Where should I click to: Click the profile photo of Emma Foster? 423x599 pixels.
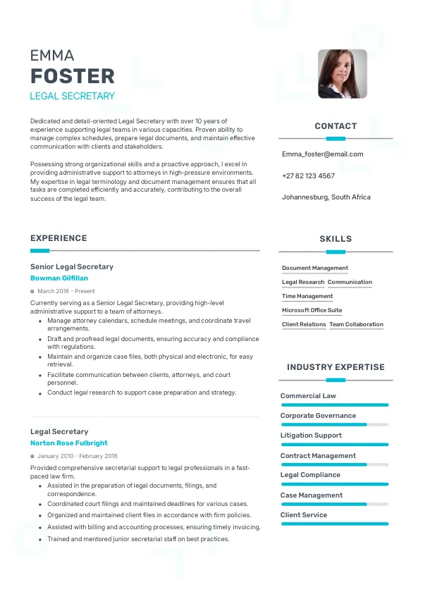coord(342,73)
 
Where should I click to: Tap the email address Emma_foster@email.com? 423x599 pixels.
coord(322,154)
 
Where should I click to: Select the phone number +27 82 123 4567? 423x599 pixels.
coord(308,175)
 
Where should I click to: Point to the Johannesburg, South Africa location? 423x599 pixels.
coord(326,197)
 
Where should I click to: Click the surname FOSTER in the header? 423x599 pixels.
coord(72,76)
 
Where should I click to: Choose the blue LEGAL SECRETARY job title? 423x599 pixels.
coord(72,96)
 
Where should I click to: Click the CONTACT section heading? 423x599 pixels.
coord(336,126)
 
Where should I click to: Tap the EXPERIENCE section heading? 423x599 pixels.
coord(59,238)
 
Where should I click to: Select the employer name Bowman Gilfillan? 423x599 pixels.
coord(59,278)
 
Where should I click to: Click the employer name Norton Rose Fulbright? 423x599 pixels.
coord(69,443)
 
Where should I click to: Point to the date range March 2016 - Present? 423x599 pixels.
coord(66,291)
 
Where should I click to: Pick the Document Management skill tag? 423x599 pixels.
coord(315,268)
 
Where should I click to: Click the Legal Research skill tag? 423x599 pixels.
coord(303,283)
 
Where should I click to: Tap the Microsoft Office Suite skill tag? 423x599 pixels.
coord(312,310)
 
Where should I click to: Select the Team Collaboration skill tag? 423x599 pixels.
coord(356,325)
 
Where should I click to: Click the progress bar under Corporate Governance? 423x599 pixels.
coord(334,425)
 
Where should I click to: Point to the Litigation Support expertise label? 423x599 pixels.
coord(311,436)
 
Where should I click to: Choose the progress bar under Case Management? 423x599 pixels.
coord(334,505)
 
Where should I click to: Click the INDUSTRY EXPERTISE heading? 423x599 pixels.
coord(336,367)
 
